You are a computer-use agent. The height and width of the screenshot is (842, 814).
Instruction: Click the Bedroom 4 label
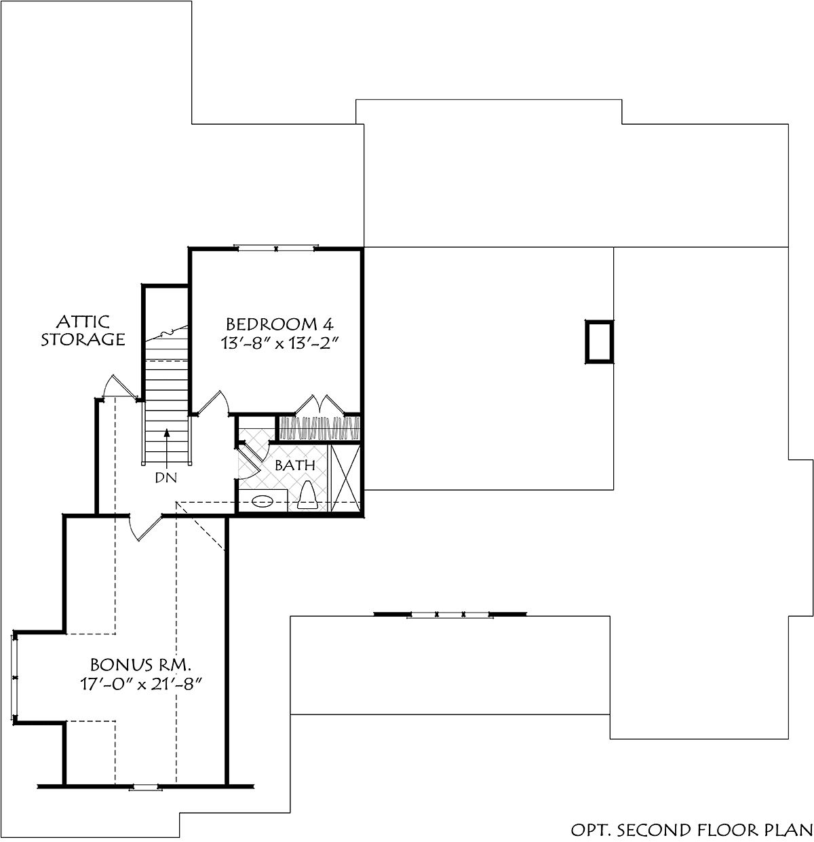click(280, 324)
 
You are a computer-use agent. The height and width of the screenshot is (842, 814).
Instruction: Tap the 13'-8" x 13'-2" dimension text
click(279, 343)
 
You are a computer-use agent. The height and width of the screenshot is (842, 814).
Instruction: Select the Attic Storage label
click(83, 330)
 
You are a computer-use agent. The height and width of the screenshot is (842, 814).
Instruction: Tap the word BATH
click(295, 465)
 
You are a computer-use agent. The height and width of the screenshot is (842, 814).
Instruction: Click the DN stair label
click(166, 478)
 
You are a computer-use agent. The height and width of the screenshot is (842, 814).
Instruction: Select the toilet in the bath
click(307, 495)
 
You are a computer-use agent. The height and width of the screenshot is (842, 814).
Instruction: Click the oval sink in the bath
click(263, 501)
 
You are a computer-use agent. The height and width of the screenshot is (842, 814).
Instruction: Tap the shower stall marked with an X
click(345, 477)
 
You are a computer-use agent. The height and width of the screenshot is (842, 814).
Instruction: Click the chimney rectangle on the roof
click(599, 341)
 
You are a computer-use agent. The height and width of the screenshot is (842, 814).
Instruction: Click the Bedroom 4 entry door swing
click(212, 403)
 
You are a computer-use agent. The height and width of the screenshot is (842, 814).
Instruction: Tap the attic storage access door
click(120, 386)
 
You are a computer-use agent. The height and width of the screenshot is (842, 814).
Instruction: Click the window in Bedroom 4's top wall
click(276, 248)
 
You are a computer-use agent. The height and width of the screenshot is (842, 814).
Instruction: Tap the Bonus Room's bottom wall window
click(145, 786)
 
